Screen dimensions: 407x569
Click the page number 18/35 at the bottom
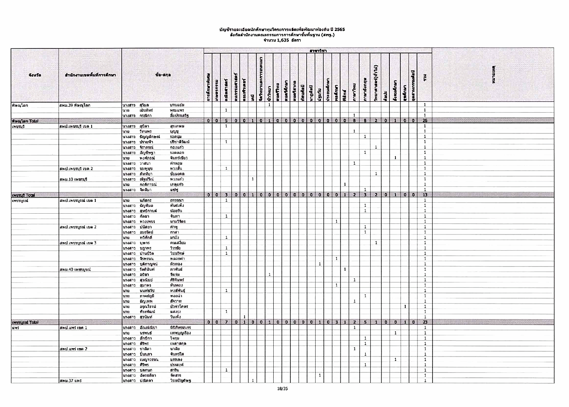[282, 389]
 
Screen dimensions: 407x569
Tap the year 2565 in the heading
[339, 30]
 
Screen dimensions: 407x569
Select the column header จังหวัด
[35, 75]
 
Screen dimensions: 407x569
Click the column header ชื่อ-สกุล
[163, 75]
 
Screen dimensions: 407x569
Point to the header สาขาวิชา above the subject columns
[317, 50]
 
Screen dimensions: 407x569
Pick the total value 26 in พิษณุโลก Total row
[424, 120]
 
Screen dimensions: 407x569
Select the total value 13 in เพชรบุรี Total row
[424, 195]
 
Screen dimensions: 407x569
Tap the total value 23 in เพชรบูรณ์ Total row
[424, 322]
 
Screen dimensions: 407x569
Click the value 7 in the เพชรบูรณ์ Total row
[226, 322]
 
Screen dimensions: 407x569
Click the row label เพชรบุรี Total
[23, 195]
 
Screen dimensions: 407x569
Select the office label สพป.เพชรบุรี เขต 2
[76, 168]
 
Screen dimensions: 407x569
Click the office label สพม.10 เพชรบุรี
[73, 179]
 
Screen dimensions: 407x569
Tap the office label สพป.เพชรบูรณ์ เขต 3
[78, 243]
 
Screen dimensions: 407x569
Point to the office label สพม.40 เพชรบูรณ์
[75, 269]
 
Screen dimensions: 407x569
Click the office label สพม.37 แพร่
[70, 381]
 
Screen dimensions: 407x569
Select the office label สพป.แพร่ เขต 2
[73, 349]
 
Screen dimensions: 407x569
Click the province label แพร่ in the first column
[16, 328]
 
